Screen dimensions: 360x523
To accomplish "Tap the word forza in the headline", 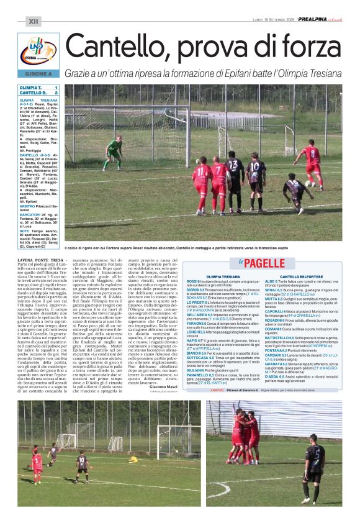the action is click(x=308, y=47).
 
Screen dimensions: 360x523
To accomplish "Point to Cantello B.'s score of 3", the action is click(x=56, y=93).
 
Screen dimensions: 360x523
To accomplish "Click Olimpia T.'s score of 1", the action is click(x=56, y=88).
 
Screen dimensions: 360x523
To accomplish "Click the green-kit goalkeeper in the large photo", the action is click(x=114, y=153).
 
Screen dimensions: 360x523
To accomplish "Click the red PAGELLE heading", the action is click(x=263, y=263).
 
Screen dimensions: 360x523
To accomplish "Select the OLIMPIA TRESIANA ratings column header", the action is click(x=222, y=276).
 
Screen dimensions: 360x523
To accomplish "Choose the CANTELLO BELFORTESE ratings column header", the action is click(x=304, y=276).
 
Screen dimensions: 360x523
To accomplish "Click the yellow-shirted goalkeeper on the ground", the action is click(x=133, y=459).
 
